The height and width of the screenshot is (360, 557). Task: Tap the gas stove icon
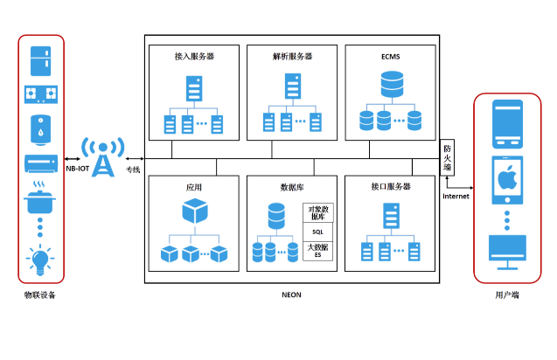[x=41, y=94]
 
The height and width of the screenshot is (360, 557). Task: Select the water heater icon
[x=41, y=128]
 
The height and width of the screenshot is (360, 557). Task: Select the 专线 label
[x=133, y=168]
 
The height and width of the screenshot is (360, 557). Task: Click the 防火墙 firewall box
[x=447, y=158]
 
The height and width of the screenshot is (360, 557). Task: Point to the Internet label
[x=456, y=196]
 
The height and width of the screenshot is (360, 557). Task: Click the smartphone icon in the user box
[x=508, y=123]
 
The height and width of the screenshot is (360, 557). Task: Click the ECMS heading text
[x=390, y=56]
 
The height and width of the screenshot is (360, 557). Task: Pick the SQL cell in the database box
[x=317, y=232]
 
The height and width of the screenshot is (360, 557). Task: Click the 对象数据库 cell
[x=317, y=212]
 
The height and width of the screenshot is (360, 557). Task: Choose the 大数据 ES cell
[x=317, y=252]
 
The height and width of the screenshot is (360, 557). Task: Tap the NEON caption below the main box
[x=291, y=294]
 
